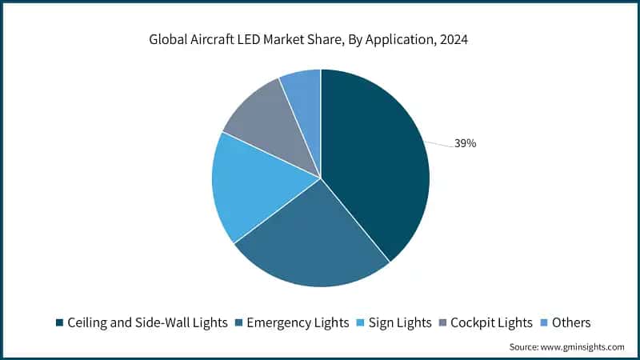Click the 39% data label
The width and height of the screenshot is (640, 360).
click(x=466, y=144)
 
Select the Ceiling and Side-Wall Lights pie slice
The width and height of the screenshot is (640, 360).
click(x=376, y=160)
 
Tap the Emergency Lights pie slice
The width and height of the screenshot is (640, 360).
click(x=312, y=240)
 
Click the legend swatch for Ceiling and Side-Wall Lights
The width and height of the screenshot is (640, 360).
click(x=59, y=323)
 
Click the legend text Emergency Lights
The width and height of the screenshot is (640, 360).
click(x=298, y=323)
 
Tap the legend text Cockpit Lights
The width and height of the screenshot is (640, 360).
click(x=490, y=323)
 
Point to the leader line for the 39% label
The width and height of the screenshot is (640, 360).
click(x=438, y=144)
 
